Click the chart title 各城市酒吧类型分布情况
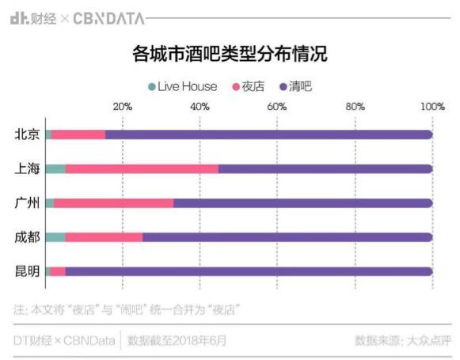230,55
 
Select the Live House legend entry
182,86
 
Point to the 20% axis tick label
123,107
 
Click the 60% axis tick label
277,107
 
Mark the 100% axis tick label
432,107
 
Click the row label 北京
27,135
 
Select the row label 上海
27,169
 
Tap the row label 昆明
27,271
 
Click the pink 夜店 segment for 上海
142,169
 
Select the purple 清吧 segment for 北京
268,135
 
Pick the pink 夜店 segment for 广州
113,203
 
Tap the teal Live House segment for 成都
55,237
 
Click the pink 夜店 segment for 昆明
58,271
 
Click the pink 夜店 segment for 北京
78,135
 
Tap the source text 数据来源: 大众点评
403,341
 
